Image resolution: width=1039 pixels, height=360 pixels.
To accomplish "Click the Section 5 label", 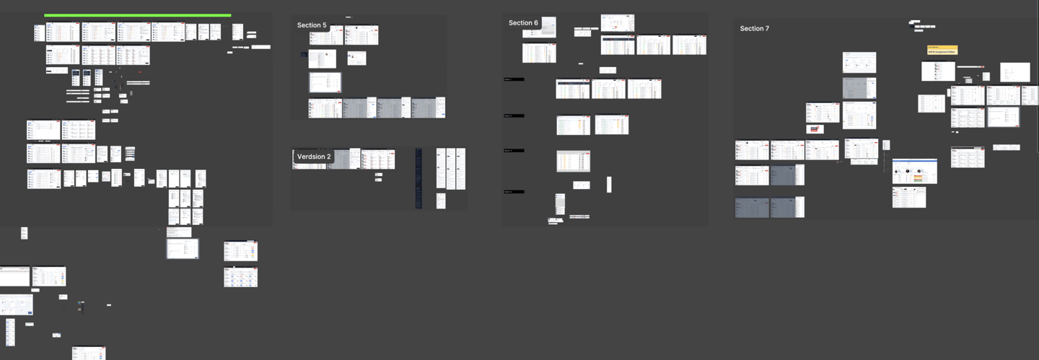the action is coord(312,25).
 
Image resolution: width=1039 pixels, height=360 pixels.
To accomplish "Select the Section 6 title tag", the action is coord(523,23).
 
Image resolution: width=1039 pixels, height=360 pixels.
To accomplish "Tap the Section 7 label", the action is coord(754,29).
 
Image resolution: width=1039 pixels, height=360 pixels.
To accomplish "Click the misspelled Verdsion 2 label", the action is coord(314,157).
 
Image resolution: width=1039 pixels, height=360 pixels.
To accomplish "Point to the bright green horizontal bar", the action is coord(137,15).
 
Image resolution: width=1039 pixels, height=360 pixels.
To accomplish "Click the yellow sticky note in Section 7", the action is coord(942,51).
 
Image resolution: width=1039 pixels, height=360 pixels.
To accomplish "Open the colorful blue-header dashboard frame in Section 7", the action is coord(914,171).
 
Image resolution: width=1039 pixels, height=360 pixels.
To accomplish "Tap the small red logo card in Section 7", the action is coord(815,129).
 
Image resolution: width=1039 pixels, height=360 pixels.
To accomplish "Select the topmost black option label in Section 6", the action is coord(514,79).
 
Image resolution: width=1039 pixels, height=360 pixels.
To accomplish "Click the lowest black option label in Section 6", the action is coord(514,192).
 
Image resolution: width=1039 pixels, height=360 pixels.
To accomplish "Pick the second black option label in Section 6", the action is coord(514,115).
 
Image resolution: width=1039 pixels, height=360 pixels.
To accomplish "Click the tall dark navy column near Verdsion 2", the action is coord(418,178).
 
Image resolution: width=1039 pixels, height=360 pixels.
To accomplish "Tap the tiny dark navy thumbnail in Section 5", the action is coord(304,55).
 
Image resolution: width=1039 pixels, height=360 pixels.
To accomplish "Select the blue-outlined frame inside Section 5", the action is coord(325,82).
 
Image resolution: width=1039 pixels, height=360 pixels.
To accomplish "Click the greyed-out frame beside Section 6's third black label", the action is coord(573,161).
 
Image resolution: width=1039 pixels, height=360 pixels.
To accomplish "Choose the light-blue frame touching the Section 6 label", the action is coord(548,27).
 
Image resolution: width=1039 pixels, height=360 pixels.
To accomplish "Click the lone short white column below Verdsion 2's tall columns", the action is coord(441,201).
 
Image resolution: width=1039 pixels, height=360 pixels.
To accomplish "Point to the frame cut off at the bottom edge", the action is coord(89,353).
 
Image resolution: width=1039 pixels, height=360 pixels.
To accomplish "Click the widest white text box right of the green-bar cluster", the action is coord(260,47).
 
